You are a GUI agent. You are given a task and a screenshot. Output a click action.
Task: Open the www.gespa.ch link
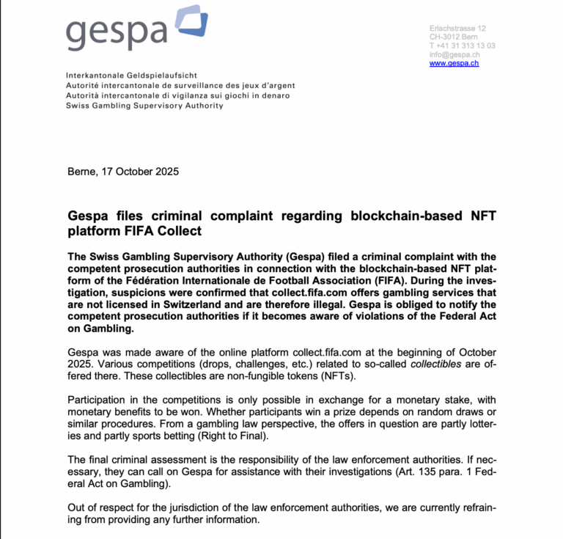coord(454,64)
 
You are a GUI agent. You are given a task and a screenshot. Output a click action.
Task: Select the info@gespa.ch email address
coord(455,54)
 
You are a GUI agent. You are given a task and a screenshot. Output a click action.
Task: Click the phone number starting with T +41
coord(462,45)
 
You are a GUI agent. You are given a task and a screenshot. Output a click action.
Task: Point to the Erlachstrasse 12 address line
coord(457,28)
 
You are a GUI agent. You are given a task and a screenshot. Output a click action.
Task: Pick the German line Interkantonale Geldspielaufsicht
coord(131,76)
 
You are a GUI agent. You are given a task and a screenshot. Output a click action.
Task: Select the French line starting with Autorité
coord(180,86)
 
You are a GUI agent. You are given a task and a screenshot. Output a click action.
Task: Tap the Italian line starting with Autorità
coord(177,95)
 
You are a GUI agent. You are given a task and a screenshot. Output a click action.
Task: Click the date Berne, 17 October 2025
coord(123,172)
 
